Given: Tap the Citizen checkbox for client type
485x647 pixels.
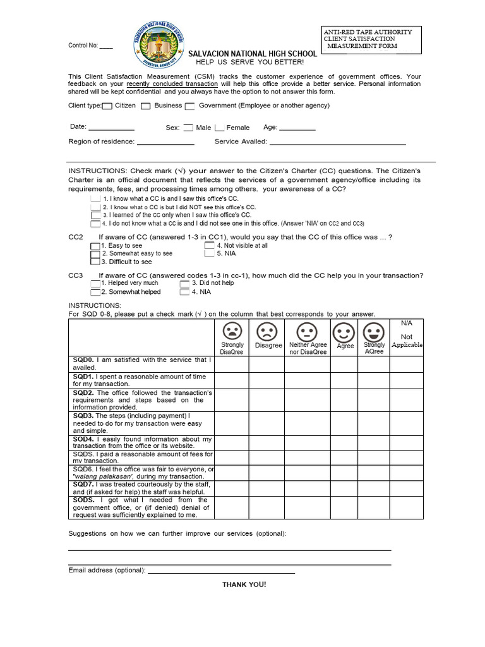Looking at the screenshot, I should (x=107, y=106).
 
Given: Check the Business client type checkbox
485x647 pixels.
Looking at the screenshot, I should (x=146, y=106).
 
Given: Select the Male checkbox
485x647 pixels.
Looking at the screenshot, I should (x=188, y=128).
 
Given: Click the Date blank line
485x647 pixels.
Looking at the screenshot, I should (x=111, y=128).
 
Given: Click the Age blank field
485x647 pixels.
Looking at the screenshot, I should (x=297, y=128).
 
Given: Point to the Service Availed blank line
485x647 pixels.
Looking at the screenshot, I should (x=337, y=143).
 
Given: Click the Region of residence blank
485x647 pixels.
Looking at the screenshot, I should (x=165, y=143).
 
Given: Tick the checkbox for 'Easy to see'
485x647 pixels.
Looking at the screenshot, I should (x=95, y=246).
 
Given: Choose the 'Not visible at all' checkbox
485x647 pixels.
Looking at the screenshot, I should (x=209, y=245).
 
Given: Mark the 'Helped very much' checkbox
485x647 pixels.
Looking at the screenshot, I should (x=95, y=284).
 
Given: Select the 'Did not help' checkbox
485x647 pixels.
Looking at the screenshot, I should (x=184, y=284).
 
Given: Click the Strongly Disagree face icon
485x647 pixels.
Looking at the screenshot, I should (x=232, y=330).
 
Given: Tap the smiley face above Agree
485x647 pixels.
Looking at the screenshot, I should (x=344, y=331).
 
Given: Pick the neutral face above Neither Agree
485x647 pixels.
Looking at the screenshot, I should (x=307, y=331).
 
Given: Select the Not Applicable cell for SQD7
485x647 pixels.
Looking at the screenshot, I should (x=406, y=488).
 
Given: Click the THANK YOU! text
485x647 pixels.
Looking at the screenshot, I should (x=244, y=584).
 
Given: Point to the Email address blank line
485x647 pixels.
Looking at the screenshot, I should (x=221, y=571).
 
